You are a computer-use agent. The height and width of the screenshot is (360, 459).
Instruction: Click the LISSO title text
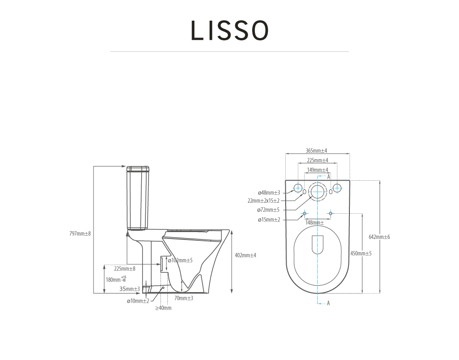[229, 30]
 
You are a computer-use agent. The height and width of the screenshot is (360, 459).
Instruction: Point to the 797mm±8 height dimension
[80, 233]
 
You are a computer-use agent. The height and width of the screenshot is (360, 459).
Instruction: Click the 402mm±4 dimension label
[245, 255]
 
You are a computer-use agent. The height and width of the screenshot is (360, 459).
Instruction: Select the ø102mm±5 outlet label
[180, 260]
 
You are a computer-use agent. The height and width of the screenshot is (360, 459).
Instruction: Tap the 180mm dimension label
[116, 279]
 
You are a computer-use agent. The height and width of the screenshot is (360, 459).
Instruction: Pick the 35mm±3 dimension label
[130, 289]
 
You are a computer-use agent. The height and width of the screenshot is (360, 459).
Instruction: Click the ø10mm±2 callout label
[138, 301]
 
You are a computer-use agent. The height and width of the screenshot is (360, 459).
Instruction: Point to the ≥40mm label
[163, 308]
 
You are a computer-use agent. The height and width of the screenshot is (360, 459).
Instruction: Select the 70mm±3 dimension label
[183, 298]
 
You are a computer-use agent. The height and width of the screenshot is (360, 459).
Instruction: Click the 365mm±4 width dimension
[316, 151]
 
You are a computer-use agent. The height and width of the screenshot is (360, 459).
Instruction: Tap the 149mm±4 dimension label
[318, 170]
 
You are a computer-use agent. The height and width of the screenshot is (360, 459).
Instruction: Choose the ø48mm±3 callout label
[269, 193]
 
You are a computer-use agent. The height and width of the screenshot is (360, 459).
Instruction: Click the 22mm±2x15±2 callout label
[264, 201]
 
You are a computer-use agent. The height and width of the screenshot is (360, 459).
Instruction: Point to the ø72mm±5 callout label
[268, 210]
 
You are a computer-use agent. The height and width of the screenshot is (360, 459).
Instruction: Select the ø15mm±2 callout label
[269, 220]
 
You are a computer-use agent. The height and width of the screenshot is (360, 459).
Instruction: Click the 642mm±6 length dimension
[379, 237]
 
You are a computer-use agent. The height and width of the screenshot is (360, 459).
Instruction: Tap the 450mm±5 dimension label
[361, 254]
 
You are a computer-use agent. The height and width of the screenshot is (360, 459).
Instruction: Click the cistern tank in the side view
[138, 198]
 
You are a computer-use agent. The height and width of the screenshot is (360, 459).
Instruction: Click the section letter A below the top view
[328, 303]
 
